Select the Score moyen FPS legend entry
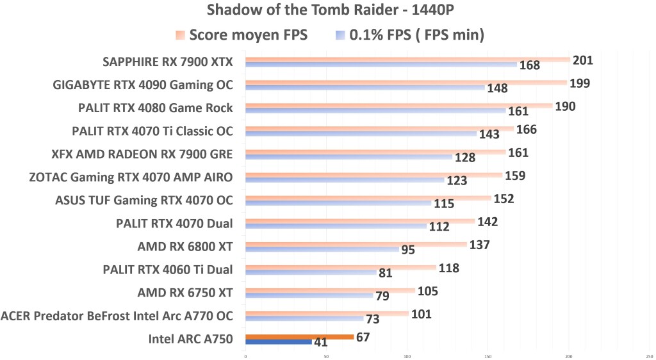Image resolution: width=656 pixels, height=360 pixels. (x=242, y=35)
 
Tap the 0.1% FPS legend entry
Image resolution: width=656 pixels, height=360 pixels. (x=410, y=35)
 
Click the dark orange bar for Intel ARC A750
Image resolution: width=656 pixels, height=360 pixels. (x=299, y=337)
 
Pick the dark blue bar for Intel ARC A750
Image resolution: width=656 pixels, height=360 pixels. (x=278, y=342)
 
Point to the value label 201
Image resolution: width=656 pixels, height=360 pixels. (x=583, y=60)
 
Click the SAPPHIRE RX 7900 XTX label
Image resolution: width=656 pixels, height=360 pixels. (x=168, y=62)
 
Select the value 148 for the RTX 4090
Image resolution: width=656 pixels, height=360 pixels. (x=497, y=88)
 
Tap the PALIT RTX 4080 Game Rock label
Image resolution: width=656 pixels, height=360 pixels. (x=156, y=108)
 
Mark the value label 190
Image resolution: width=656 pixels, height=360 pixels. (x=565, y=106)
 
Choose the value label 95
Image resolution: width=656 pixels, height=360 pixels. (x=408, y=250)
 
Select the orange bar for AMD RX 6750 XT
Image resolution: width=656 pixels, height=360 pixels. (x=330, y=291)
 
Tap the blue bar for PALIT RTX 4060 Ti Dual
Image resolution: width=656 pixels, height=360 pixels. (x=311, y=272)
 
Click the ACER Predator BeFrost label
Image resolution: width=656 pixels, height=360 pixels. (x=117, y=315)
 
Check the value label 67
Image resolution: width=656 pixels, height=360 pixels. (x=362, y=337)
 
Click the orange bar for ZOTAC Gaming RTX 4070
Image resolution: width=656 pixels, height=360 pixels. (x=373, y=175)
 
